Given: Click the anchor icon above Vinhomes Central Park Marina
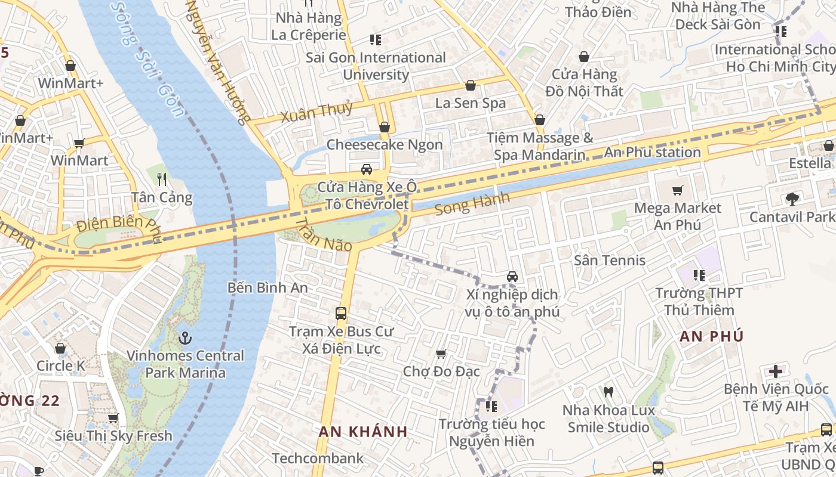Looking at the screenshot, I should pyautogui.click(x=185, y=338).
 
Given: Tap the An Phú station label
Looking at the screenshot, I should pyautogui.click(x=652, y=152).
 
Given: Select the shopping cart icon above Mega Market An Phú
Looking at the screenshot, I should pyautogui.click(x=677, y=191).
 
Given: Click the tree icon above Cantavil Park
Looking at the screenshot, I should pyautogui.click(x=792, y=199).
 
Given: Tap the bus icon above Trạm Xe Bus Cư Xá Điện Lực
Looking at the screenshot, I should pyautogui.click(x=341, y=313).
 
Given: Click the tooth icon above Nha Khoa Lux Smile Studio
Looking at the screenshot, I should pyautogui.click(x=608, y=392).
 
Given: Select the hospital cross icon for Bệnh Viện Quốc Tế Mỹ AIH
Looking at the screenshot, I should pyautogui.click(x=775, y=371).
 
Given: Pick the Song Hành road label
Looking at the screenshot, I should pyautogui.click(x=472, y=203).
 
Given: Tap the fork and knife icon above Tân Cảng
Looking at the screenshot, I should pyautogui.click(x=162, y=179).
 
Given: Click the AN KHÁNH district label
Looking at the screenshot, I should pyautogui.click(x=362, y=432).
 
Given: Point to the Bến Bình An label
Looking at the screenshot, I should pyautogui.click(x=268, y=287).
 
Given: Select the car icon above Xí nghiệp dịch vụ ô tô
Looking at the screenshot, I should pyautogui.click(x=512, y=277).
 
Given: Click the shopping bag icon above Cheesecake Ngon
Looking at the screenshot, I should pyautogui.click(x=385, y=127).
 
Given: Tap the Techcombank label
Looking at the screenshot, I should pyautogui.click(x=318, y=458).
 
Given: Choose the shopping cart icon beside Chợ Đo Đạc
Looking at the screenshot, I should pyautogui.click(x=441, y=354).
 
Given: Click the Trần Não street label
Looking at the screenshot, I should pyautogui.click(x=323, y=234).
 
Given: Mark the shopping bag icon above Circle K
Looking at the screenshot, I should pyautogui.click(x=60, y=348).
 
